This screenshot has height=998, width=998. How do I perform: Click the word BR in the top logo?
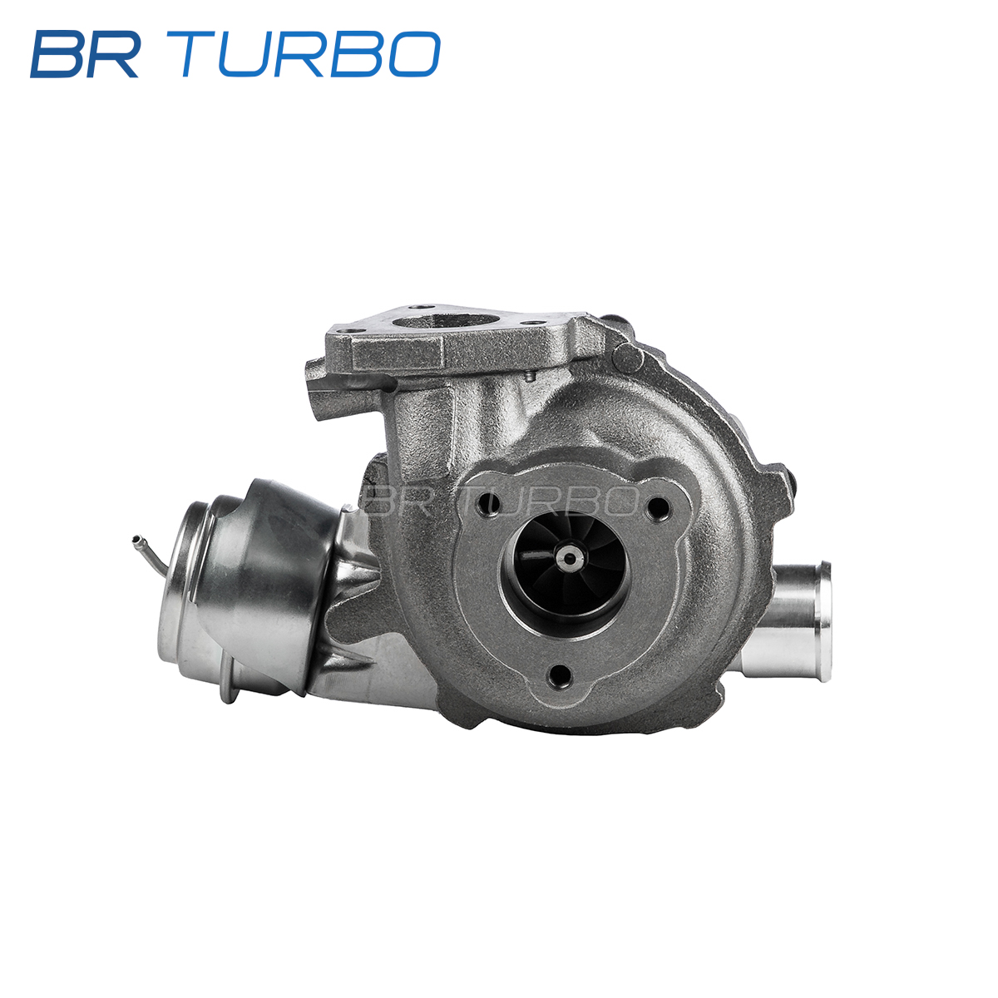point(85,54)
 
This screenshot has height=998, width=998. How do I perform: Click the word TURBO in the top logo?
point(311,54)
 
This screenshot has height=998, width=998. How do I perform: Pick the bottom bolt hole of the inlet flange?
point(561,674)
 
